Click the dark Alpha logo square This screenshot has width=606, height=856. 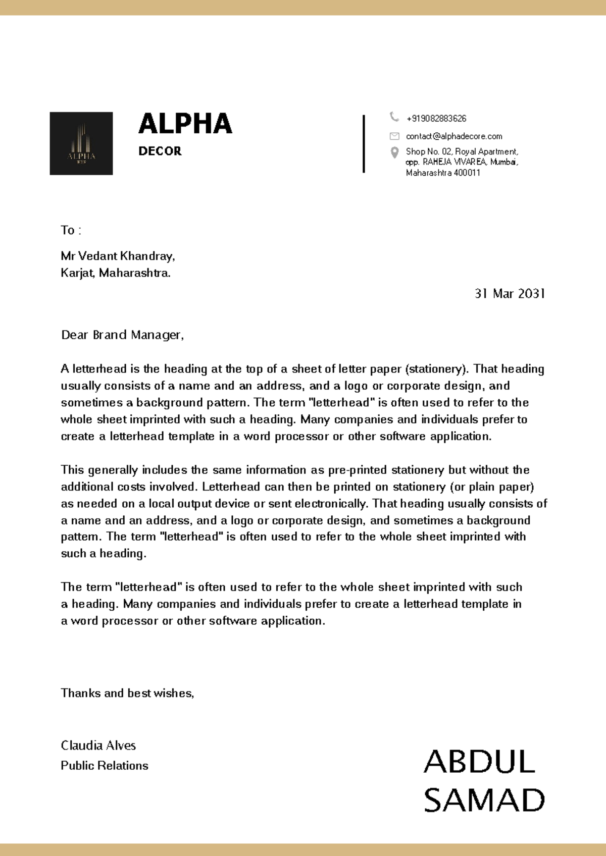click(x=81, y=143)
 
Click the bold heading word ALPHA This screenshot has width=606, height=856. click(x=185, y=124)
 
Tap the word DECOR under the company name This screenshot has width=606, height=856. click(x=160, y=151)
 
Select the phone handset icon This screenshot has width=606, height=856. click(x=394, y=117)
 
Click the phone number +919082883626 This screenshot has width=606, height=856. click(x=436, y=119)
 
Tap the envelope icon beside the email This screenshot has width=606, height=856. click(x=394, y=136)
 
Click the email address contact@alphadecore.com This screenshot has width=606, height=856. click(x=454, y=136)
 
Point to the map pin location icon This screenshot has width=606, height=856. click(x=395, y=152)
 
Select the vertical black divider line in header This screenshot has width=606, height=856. click(x=364, y=144)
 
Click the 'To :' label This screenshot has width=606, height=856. click(x=71, y=231)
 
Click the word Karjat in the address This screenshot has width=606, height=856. click(x=77, y=273)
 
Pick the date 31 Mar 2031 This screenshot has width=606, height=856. click(x=510, y=294)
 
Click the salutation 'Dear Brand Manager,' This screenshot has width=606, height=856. click(x=122, y=335)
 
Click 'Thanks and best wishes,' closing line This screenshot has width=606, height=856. click(x=127, y=693)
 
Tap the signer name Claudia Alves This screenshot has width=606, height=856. click(x=98, y=745)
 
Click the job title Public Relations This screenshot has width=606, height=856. click(x=105, y=766)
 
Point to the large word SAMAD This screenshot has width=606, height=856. click(x=484, y=800)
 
